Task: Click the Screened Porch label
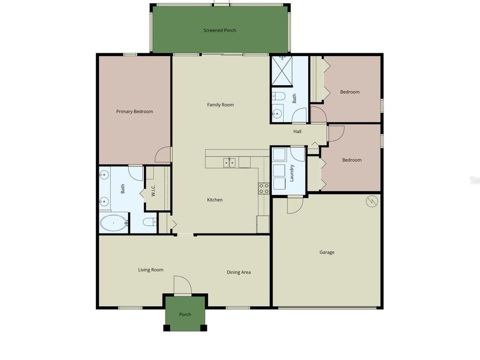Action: point(220,30)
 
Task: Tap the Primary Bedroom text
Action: point(134,111)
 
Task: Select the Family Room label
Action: point(220,105)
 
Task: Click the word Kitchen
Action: point(215,200)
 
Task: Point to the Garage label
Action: point(327,252)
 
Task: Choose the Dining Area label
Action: point(238,273)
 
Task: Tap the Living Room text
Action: point(150,270)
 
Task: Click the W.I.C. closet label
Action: point(153,190)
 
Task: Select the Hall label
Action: point(297,131)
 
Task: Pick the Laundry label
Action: point(292,173)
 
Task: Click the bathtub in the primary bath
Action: point(114,222)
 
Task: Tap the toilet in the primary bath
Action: point(149,222)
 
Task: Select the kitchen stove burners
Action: point(263,188)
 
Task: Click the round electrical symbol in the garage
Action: point(372,201)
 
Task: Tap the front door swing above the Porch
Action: point(182,285)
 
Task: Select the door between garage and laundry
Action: point(295,205)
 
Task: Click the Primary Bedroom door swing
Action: point(163,155)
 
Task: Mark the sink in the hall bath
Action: point(277,114)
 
